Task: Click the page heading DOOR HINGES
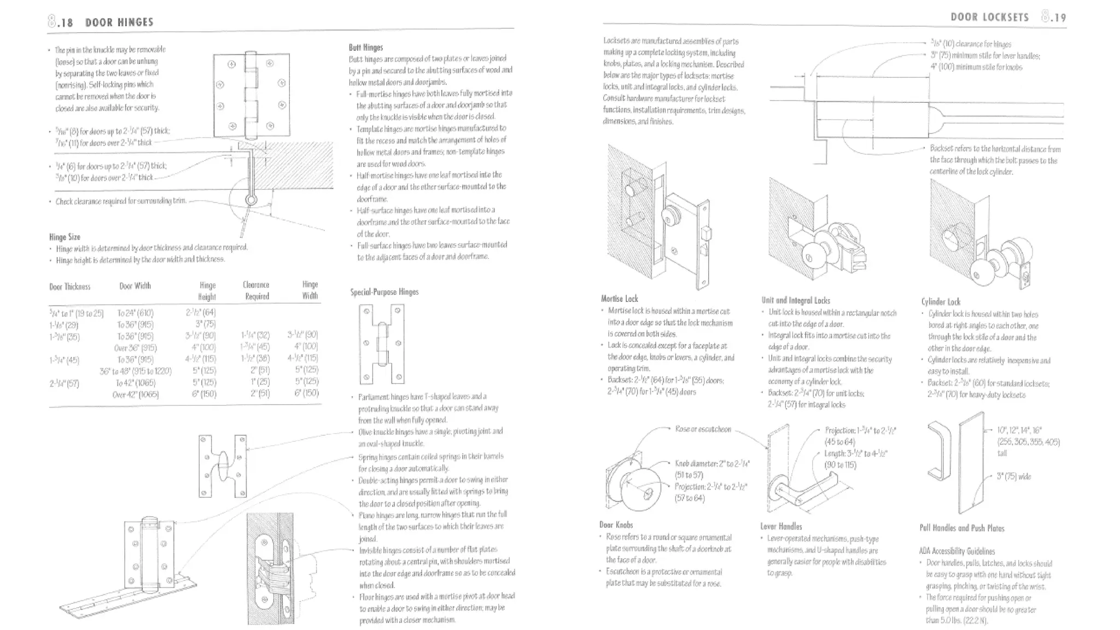119,22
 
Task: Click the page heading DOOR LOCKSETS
989,17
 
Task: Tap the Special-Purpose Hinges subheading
384,292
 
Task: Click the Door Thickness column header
69,287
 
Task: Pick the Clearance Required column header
256,290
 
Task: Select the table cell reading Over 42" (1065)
135,394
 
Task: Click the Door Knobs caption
616,525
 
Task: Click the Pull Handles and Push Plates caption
961,528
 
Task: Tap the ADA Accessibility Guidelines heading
956,551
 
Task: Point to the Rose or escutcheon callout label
703,429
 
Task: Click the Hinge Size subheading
65,237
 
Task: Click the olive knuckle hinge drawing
222,465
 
